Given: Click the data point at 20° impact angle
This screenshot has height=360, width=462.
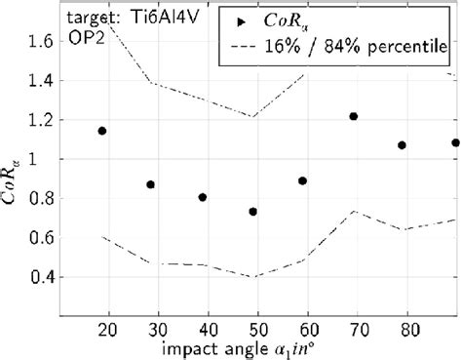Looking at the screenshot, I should pos(102,131).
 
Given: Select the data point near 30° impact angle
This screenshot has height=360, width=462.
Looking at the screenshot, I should pos(151,184).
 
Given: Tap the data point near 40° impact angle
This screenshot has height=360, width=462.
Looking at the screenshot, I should pos(203,197).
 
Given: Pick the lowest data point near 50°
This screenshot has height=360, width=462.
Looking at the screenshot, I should pos(253,212).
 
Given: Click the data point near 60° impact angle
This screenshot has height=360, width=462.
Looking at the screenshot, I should pos(303,180).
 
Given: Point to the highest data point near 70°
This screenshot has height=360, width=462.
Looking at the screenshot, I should pos(353,116).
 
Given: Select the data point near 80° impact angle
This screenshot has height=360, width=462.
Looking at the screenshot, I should pos(402,145).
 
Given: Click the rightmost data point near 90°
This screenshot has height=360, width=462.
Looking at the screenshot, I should pos(455,142).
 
